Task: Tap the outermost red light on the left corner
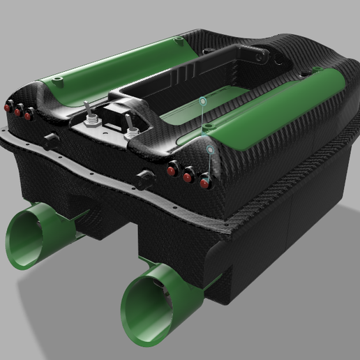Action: (8, 109)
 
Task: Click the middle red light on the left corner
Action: (18, 112)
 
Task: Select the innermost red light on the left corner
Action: (28, 115)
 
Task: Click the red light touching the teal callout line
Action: (204, 183)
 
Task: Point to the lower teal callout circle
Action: (211, 149)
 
